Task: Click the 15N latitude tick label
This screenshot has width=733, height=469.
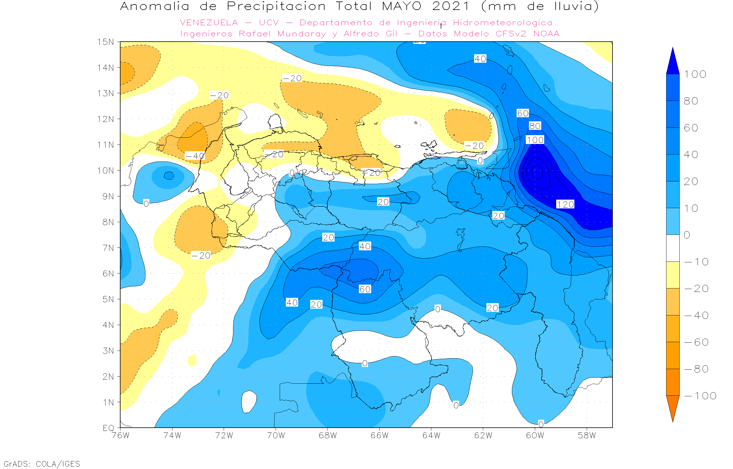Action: pos(105,42)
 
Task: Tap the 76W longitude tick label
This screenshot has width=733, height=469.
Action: pos(121,436)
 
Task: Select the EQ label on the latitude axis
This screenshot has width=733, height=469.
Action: pos(108,428)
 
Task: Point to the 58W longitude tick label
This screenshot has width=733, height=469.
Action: pos(587,436)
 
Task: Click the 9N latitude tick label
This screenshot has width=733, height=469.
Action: pos(108,196)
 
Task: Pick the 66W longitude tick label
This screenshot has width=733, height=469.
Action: pos(379,436)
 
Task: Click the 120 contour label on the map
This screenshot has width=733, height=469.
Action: pos(565,204)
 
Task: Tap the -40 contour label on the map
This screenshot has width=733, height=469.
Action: pos(195,156)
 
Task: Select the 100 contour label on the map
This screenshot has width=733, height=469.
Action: pos(535,140)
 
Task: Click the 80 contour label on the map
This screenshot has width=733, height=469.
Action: pos(535,126)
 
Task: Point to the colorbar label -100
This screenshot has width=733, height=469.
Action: pos(700,396)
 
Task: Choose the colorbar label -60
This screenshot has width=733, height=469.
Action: pos(696,342)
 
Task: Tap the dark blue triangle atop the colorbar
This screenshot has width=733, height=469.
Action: pos(673,62)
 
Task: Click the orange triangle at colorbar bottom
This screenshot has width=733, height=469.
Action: pos(673,407)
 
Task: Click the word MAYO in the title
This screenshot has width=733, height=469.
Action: pos(402,6)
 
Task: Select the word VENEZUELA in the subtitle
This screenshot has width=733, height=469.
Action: pos(209,23)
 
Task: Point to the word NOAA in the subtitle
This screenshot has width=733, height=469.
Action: pos(546,34)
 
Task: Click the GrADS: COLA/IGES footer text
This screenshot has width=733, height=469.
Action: pos(42,464)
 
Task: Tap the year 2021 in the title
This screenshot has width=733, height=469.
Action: pos(451,6)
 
